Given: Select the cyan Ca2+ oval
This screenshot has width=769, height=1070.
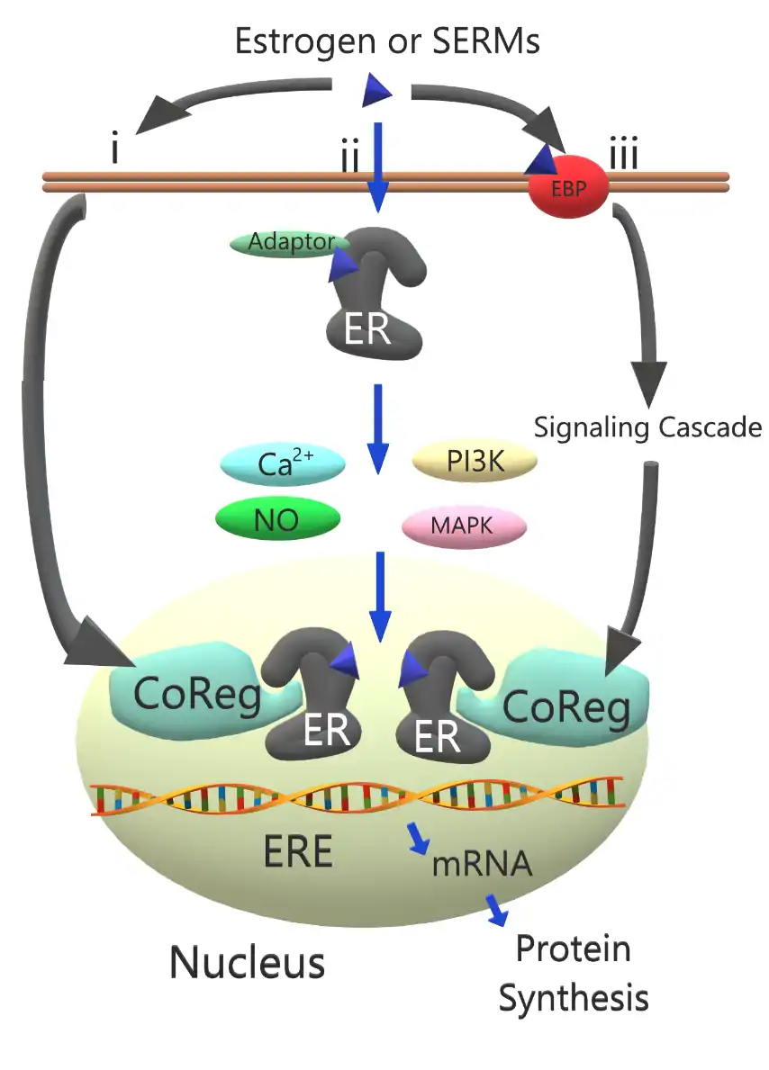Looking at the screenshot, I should (x=283, y=464).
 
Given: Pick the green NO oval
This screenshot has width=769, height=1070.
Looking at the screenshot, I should (x=278, y=519).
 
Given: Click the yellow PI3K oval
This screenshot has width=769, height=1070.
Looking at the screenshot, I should (x=475, y=462).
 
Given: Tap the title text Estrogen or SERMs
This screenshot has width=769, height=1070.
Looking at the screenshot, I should (x=386, y=40).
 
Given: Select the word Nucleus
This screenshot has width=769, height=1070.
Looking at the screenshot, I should (x=247, y=962).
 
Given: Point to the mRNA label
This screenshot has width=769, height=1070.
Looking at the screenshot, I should (x=482, y=864).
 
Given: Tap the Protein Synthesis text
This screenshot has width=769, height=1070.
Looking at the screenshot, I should (x=574, y=973).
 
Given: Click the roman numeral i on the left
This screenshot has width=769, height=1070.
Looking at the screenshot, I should (x=114, y=149).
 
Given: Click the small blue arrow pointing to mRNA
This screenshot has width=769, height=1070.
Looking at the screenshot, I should (x=418, y=837).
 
